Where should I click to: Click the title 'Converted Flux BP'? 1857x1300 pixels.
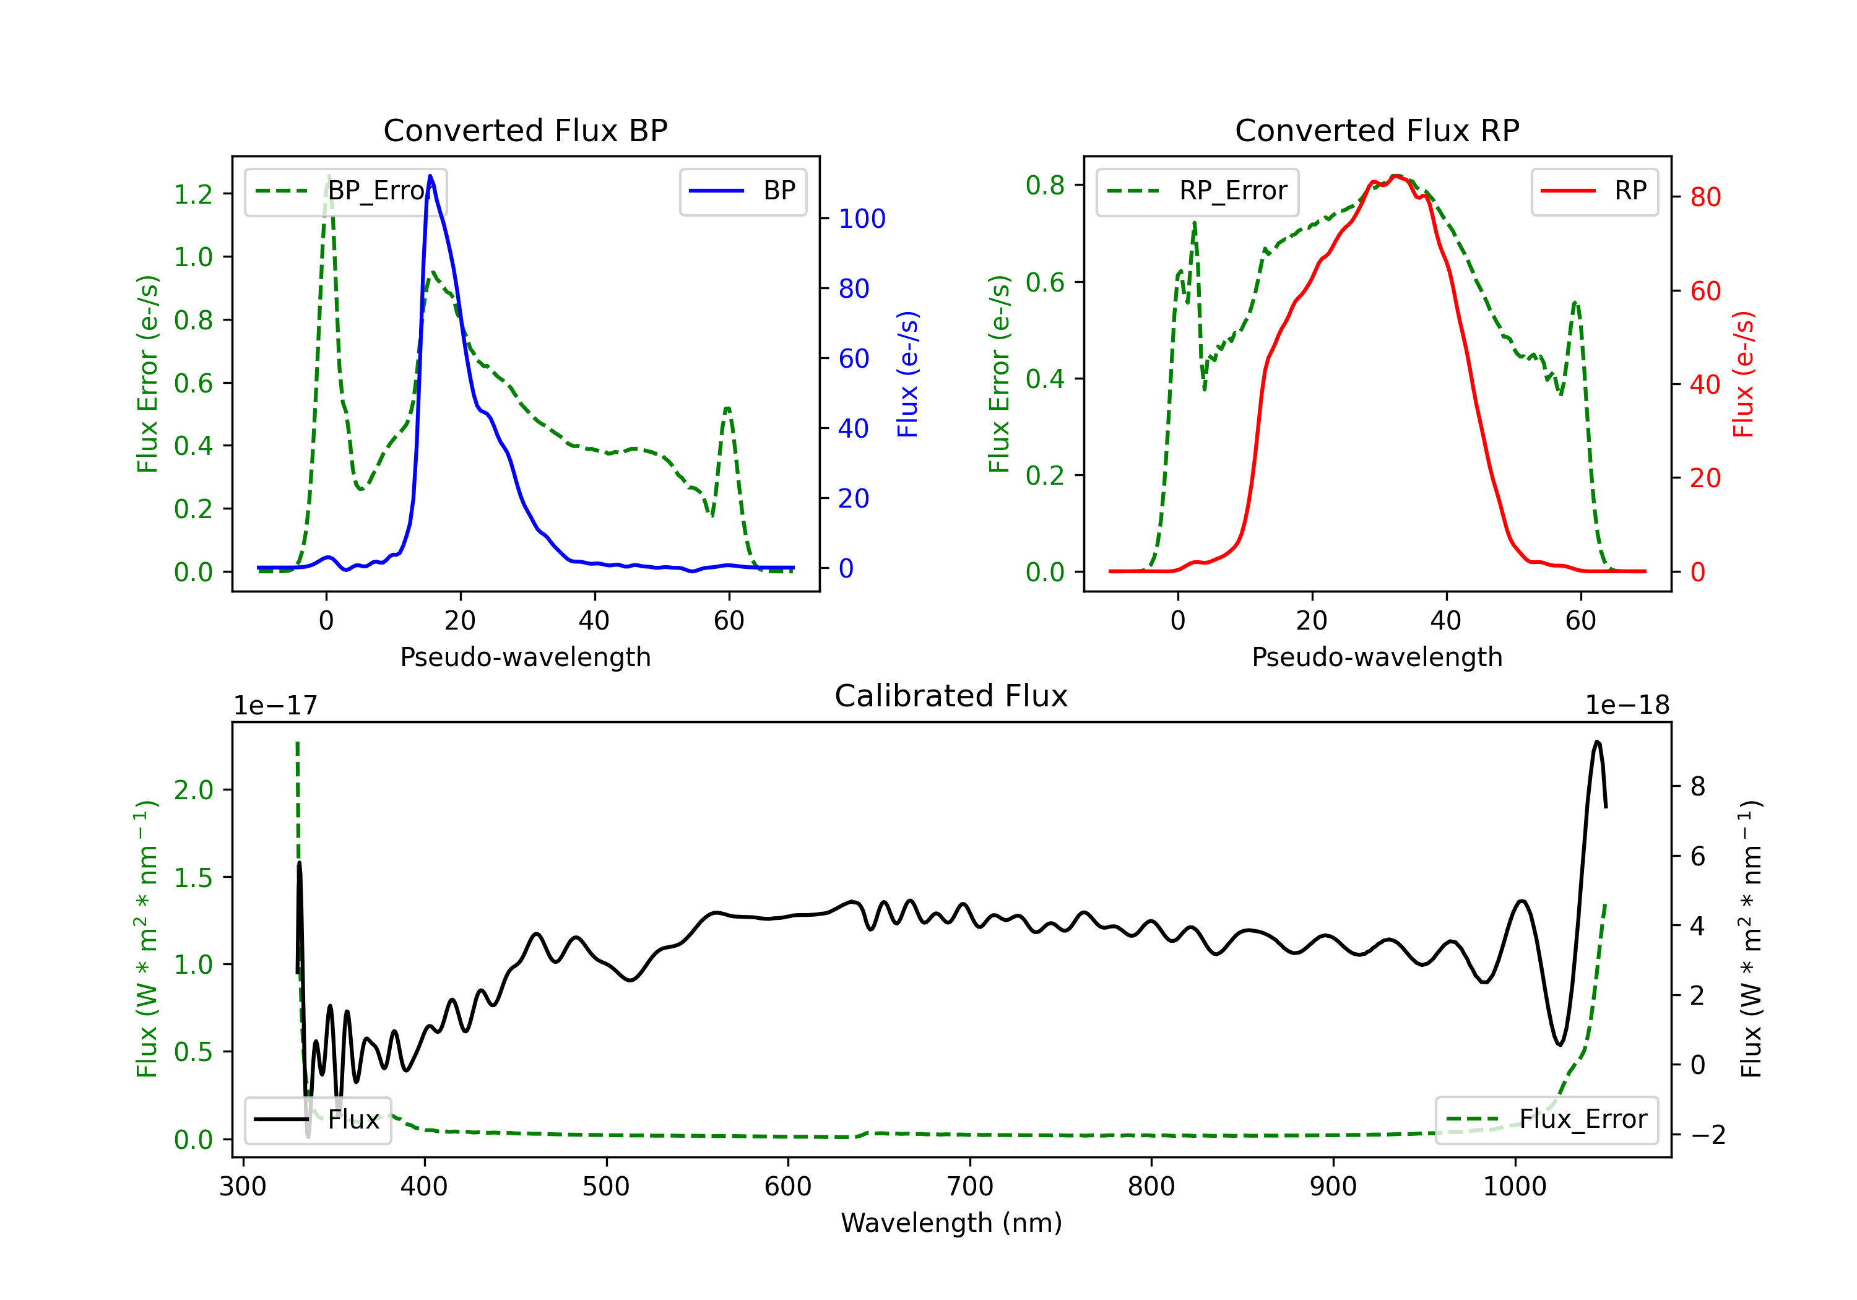click(x=525, y=130)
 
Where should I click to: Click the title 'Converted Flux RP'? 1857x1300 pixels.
click(x=1377, y=130)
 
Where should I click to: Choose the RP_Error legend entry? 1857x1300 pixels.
click(x=1197, y=191)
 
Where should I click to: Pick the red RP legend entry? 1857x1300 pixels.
click(x=1594, y=191)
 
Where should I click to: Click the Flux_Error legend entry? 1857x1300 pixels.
click(x=1546, y=1120)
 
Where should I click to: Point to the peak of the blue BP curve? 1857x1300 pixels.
click(x=430, y=176)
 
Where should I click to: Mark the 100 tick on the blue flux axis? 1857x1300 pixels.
click(x=862, y=219)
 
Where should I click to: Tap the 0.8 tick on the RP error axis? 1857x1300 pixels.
click(x=1045, y=185)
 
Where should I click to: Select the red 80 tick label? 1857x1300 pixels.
click(x=1705, y=197)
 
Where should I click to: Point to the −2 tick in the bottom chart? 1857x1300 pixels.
click(x=1707, y=1135)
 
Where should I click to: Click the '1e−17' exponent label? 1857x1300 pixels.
click(x=275, y=706)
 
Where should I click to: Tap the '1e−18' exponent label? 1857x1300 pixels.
click(x=1627, y=706)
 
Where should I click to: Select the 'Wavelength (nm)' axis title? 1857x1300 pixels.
click(x=951, y=1223)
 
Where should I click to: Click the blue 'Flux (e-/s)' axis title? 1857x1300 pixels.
click(x=907, y=374)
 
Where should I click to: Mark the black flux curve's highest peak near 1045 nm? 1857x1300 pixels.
click(x=1596, y=741)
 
